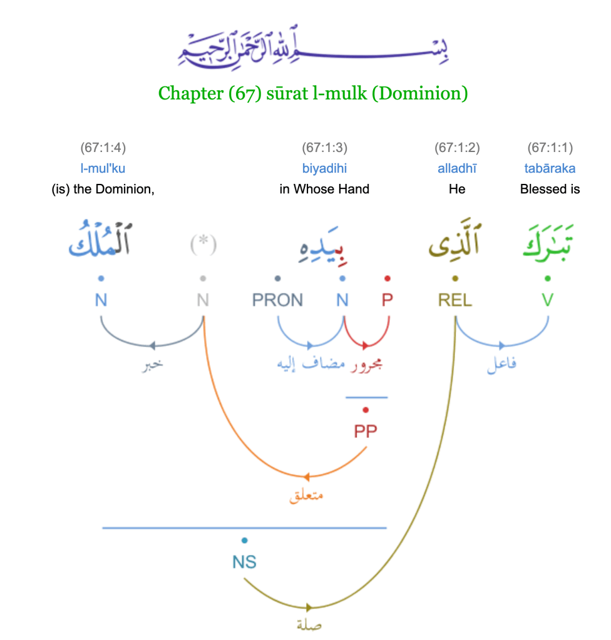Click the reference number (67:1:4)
(x=103, y=148)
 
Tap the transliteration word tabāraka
(x=550, y=168)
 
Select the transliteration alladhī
(x=457, y=168)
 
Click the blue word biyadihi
(x=324, y=168)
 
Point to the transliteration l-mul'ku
(x=103, y=168)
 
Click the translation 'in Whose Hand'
(x=324, y=189)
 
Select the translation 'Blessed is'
(x=550, y=189)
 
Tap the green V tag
(x=548, y=300)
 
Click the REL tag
(x=455, y=300)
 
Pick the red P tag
(x=388, y=300)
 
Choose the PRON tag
(x=277, y=300)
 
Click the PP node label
(x=366, y=431)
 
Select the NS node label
(x=244, y=562)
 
